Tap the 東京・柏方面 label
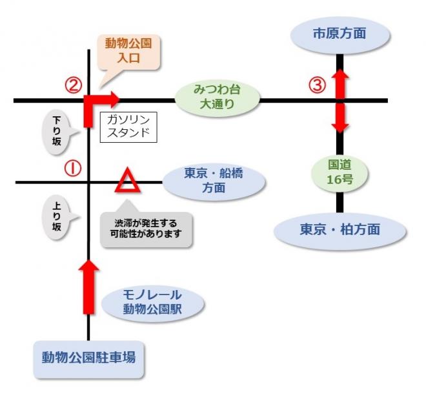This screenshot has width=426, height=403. (340, 229)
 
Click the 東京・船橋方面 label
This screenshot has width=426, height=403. (214, 181)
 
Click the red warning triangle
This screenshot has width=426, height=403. (127, 182)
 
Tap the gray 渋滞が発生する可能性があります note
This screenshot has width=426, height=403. (146, 229)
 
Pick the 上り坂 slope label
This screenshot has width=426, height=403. (58, 218)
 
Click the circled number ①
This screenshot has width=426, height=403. (72, 169)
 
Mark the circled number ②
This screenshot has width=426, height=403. (73, 85)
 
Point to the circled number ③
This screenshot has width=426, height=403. (316, 85)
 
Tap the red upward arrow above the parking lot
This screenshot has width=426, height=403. (88, 285)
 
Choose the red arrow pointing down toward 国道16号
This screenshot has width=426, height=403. (340, 118)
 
